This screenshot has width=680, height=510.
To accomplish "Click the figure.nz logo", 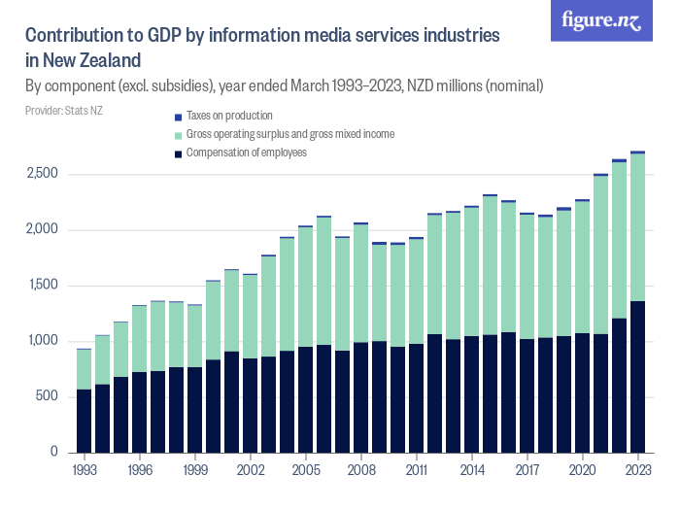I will tap(601, 21).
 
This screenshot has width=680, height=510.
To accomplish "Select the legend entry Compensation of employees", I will tap(246, 153).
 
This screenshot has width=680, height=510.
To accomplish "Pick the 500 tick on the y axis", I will tap(49, 396).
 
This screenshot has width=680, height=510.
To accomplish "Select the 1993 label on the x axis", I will tap(85, 469).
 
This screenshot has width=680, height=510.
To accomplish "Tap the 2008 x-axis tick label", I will tap(361, 469).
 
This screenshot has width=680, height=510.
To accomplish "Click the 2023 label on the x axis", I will tap(637, 469).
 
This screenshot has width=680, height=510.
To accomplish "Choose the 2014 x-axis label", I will tap(472, 469).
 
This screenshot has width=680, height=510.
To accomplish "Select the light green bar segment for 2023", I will tap(637, 227).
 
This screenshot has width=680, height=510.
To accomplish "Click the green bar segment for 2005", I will tap(306, 287).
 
